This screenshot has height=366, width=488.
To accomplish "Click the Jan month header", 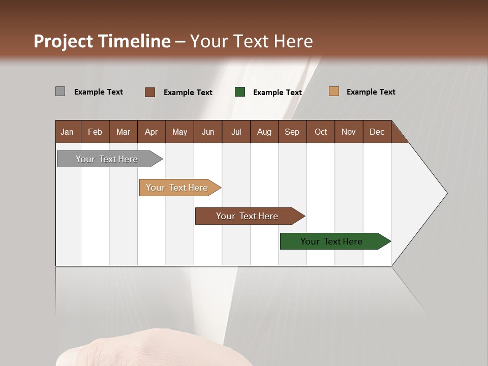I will tap(67, 132).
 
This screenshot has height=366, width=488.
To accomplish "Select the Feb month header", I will tap(95, 132).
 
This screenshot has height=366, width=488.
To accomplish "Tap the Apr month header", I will tap(151, 132).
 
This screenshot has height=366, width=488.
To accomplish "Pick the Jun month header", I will tap(208, 132).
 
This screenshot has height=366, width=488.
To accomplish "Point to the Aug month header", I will tap(264, 132).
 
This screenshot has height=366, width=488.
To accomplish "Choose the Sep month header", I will tap(292, 132).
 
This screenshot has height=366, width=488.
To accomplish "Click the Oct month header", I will tap(321, 132).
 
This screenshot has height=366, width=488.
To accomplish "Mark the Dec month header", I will tap(377, 132).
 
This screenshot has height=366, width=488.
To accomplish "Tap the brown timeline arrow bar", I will tap(248, 216).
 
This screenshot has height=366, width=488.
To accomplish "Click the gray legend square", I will tap(60, 91).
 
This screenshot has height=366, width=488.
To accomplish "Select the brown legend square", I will tap(149, 92).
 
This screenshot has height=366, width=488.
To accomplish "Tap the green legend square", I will tap(240, 92).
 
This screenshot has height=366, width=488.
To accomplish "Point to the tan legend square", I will tap(333, 91).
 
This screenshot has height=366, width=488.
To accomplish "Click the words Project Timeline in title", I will tap(102, 41).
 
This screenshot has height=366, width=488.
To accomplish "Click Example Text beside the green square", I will tap(278, 92).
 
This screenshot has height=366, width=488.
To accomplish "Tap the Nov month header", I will tap(349, 132).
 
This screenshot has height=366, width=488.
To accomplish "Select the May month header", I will tap(179, 132).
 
